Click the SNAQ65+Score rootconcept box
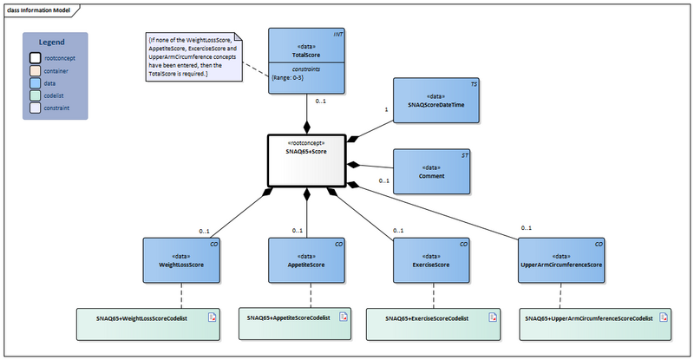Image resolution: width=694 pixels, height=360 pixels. click(x=305, y=160)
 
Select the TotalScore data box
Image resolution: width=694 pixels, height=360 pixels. click(x=306, y=60)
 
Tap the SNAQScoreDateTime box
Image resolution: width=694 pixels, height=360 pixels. click(x=433, y=101)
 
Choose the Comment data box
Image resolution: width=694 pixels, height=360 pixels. click(x=433, y=171)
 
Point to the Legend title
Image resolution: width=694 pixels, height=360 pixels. click(x=55, y=42)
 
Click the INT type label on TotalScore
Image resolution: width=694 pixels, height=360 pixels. click(x=337, y=36)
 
